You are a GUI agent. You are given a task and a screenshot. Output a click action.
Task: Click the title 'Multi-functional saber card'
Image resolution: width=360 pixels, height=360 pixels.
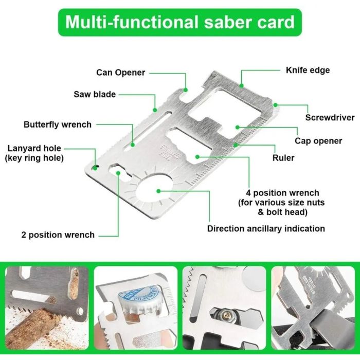(180, 22)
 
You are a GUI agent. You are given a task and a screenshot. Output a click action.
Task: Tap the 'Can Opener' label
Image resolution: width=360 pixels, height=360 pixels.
(121, 73)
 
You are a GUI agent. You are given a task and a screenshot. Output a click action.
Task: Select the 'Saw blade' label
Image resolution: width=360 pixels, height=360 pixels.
(95, 94)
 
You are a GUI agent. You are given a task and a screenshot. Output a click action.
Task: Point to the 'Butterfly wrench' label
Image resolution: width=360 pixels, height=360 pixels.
(58, 124)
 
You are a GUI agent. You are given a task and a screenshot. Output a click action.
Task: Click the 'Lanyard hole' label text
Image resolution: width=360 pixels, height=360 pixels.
(34, 153)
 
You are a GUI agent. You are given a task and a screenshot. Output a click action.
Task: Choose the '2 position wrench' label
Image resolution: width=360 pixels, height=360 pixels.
(58, 235)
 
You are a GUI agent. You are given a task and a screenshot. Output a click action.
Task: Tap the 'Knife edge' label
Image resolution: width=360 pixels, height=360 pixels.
(308, 70)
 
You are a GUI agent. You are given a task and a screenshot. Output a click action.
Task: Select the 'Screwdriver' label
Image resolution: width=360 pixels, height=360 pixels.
(330, 118)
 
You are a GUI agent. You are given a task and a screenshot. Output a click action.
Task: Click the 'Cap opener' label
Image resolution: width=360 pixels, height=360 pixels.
(318, 141)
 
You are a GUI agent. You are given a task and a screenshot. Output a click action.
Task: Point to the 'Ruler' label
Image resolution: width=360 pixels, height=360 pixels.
(283, 157)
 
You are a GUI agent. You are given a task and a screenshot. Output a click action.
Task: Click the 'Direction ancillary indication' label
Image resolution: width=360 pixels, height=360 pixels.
(266, 228)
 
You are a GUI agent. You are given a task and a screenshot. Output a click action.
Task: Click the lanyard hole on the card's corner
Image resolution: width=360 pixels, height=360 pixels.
(96, 167)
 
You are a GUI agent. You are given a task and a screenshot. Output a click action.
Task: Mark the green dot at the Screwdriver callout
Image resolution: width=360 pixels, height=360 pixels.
(276, 105)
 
